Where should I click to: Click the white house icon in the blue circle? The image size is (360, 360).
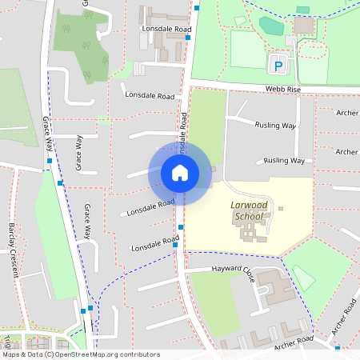tap(180, 173)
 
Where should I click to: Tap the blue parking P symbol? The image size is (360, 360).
tap(278, 62)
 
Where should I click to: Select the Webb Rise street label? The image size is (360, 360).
tap(284, 90)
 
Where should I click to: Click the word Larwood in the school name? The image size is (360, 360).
tap(247, 206)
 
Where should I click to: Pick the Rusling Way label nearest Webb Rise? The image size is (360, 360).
tap(274, 125)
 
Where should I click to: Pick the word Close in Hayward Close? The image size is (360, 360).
tap(246, 274)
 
